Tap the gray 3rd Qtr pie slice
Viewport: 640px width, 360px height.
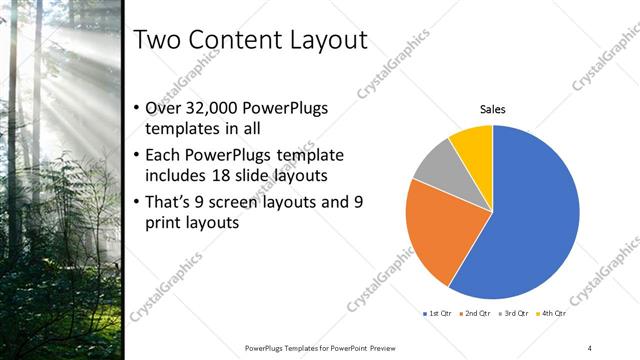pos(439,167)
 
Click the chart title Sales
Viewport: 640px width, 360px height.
pos(492,109)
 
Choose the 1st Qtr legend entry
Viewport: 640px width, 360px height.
pos(437,314)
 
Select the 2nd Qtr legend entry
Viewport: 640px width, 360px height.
pos(476,314)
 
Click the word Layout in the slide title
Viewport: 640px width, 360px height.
pos(326,40)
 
